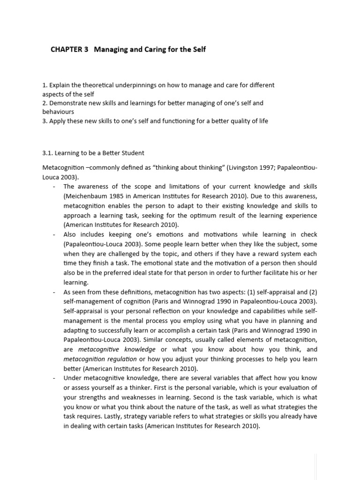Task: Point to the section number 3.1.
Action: [48, 153]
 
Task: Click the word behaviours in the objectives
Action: [58, 112]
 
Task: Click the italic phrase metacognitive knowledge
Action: [117, 349]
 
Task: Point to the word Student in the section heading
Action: [132, 153]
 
